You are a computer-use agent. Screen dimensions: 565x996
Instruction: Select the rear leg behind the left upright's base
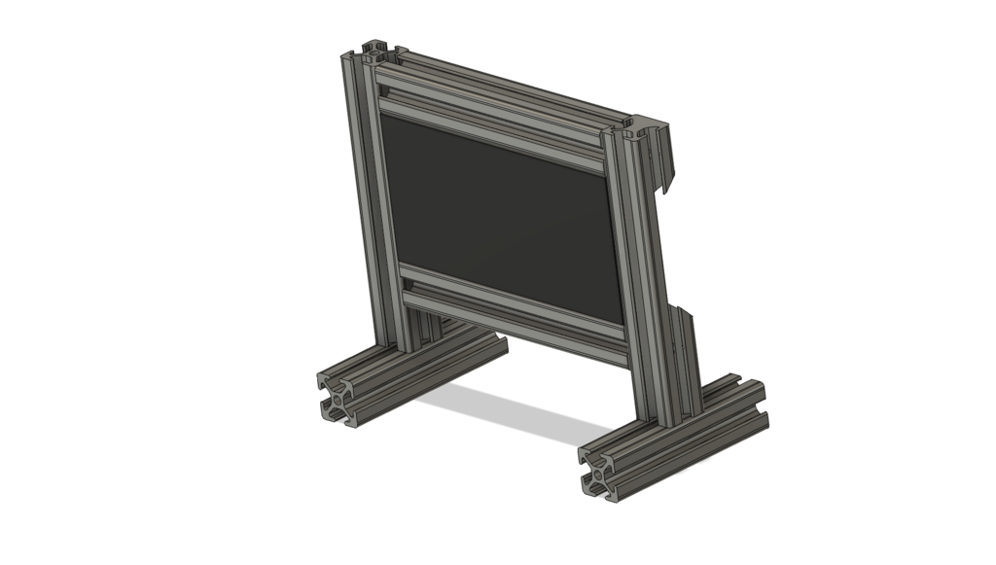click(428, 331)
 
